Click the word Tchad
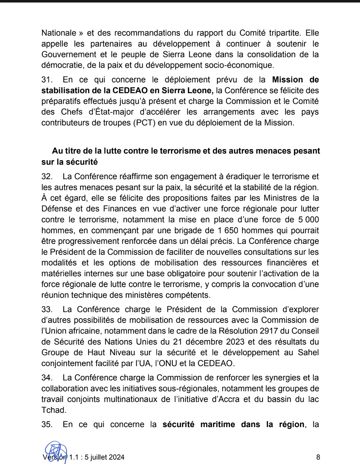coord(53,410)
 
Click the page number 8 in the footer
coord(318,457)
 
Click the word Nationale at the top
coord(59,33)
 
